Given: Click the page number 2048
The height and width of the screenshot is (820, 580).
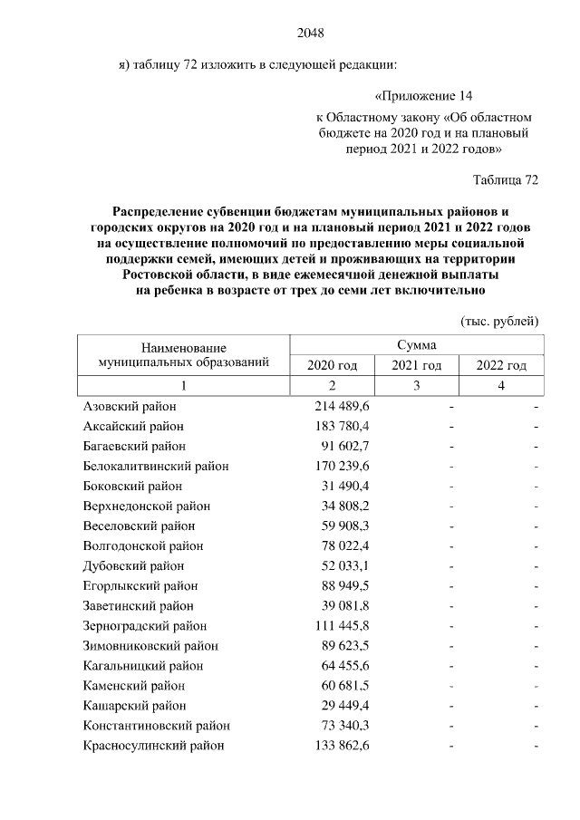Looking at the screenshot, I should click(x=310, y=34).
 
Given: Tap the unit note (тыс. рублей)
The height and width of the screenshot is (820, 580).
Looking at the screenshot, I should click(x=500, y=321).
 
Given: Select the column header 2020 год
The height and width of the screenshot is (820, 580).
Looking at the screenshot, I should click(x=333, y=365).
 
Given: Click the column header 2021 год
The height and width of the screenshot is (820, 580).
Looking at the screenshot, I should click(x=416, y=365).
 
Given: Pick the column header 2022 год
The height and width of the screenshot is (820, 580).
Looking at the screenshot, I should click(x=501, y=365).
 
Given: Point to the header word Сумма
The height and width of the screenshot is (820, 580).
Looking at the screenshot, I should click(x=416, y=345).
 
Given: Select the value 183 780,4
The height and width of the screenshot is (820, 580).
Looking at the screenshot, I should click(x=343, y=426).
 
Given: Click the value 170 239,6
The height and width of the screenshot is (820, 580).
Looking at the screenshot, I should click(x=343, y=466).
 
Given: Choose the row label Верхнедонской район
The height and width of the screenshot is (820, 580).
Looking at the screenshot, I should click(x=146, y=506).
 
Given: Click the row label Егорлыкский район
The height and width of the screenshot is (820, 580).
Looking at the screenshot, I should click(x=140, y=585).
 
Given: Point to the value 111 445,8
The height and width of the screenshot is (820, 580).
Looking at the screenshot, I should click(x=343, y=625).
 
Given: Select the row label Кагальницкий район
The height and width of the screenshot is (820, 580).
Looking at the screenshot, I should click(x=145, y=665).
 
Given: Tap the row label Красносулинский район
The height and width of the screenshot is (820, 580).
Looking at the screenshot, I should click(x=153, y=746).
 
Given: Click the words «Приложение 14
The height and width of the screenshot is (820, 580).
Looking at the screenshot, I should click(x=423, y=96).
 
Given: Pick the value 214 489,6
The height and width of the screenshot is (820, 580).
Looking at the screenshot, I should click(x=343, y=407).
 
